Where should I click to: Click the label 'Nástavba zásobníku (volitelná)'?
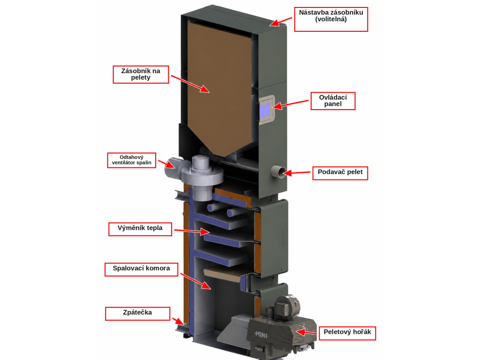331,19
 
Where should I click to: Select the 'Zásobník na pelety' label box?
141,75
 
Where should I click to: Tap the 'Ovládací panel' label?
333,101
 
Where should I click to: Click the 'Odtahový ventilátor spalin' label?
132,160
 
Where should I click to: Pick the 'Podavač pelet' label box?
340,173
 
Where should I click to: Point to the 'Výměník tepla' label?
140,229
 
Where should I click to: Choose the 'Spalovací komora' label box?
141,270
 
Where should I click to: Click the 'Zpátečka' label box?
137,314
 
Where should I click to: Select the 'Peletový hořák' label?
347,333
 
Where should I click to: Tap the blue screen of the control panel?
265,110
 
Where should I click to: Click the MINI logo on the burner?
262,335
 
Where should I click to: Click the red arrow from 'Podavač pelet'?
296,173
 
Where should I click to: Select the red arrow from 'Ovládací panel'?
290,104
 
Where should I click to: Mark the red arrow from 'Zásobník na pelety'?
190,83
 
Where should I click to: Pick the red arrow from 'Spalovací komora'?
195,281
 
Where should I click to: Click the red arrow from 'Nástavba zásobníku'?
281,22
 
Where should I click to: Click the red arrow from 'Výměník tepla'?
192,231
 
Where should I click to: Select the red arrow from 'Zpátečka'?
178,321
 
